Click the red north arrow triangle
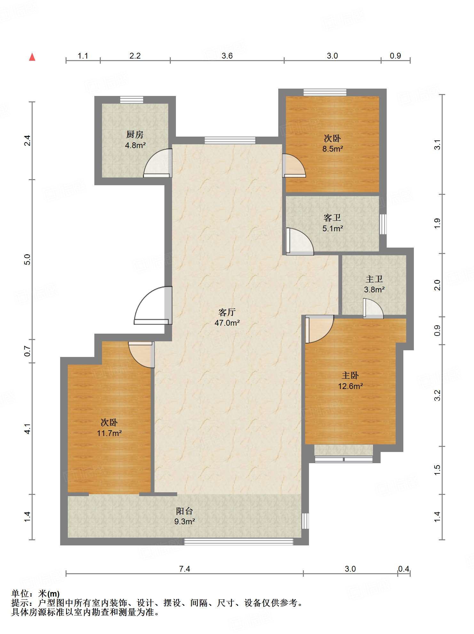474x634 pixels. [32, 57]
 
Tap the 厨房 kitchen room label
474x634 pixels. [135, 135]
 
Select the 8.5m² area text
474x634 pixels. [333, 149]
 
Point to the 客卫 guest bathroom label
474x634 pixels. [332, 218]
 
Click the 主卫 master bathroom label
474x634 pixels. [374, 279]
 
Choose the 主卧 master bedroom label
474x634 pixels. [350, 375]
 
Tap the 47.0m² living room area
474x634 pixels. [227, 323]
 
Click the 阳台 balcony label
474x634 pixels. [185, 511]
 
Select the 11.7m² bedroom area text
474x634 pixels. [109, 433]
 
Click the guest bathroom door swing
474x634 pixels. [300, 241]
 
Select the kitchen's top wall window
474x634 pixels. [132, 99]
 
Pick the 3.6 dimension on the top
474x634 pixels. [227, 56]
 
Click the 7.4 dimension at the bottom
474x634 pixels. [185, 569]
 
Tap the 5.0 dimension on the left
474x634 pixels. [28, 259]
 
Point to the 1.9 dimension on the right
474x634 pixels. [437, 223]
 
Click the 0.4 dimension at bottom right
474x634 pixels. [404, 569]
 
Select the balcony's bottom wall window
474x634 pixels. [239, 542]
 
